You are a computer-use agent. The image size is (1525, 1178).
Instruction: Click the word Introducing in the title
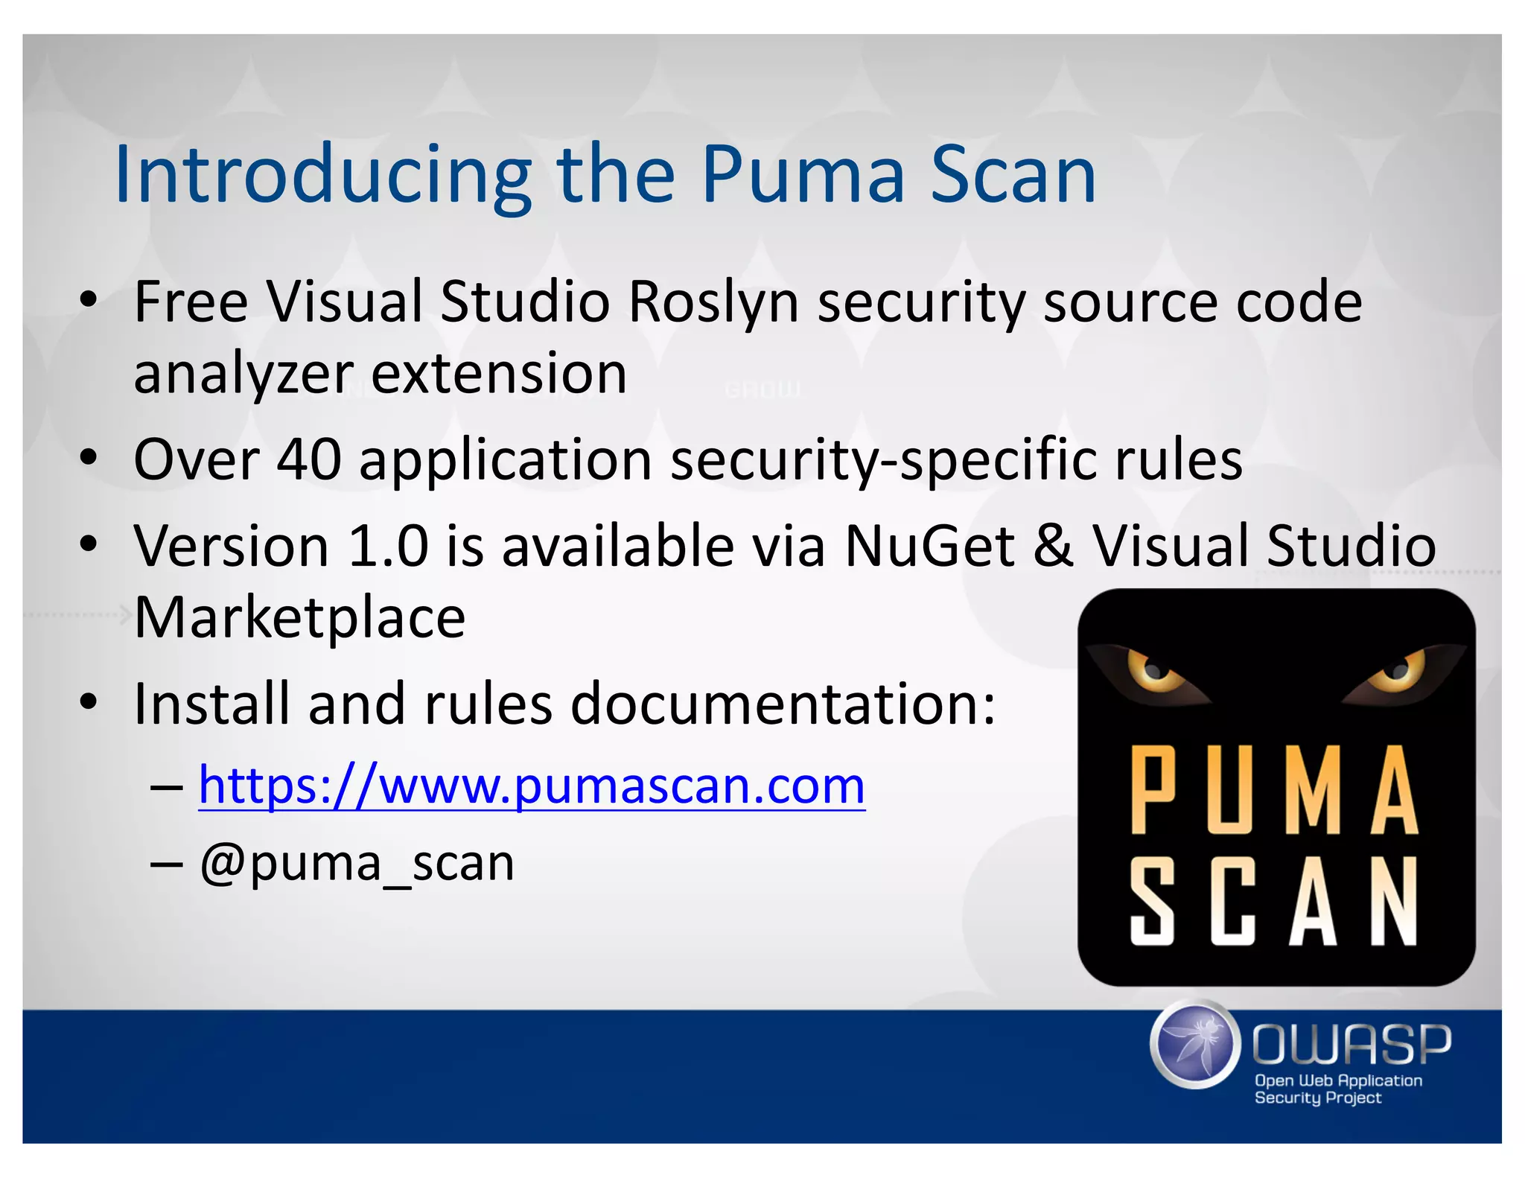[x=322, y=176]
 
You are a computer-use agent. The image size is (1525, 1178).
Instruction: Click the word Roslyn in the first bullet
[x=713, y=302]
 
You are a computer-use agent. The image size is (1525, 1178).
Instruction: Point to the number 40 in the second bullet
[x=309, y=459]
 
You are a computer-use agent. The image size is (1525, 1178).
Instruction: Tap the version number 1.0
[x=388, y=546]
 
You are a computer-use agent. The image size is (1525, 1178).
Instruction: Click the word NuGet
[x=929, y=546]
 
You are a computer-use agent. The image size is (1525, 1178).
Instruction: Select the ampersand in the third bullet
[x=1053, y=546]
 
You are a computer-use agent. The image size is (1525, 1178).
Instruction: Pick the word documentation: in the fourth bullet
[x=783, y=704]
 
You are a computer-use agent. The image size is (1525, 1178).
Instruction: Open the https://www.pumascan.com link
[x=532, y=786]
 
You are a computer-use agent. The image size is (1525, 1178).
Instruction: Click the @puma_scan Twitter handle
[x=357, y=865]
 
